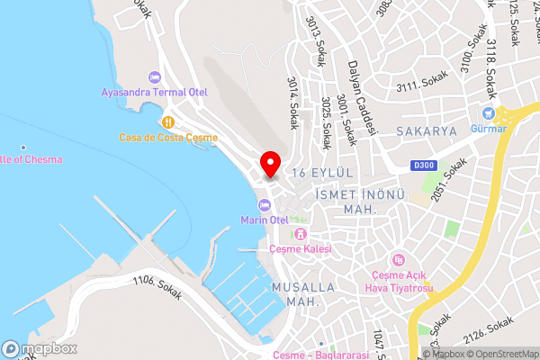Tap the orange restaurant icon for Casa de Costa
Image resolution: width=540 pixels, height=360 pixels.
(x=166, y=121)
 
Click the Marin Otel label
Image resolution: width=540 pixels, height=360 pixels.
(x=264, y=220)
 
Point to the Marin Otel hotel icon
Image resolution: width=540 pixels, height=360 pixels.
(x=264, y=205)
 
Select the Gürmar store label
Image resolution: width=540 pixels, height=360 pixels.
(x=489, y=129)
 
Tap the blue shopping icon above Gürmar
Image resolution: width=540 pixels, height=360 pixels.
(x=489, y=113)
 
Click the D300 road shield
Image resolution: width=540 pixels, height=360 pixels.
(x=424, y=165)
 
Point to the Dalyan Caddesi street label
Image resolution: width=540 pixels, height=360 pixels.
(x=359, y=103)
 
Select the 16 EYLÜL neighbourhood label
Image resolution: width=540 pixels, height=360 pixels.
(x=323, y=170)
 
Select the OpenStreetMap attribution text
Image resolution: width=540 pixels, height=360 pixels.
(x=502, y=354)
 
